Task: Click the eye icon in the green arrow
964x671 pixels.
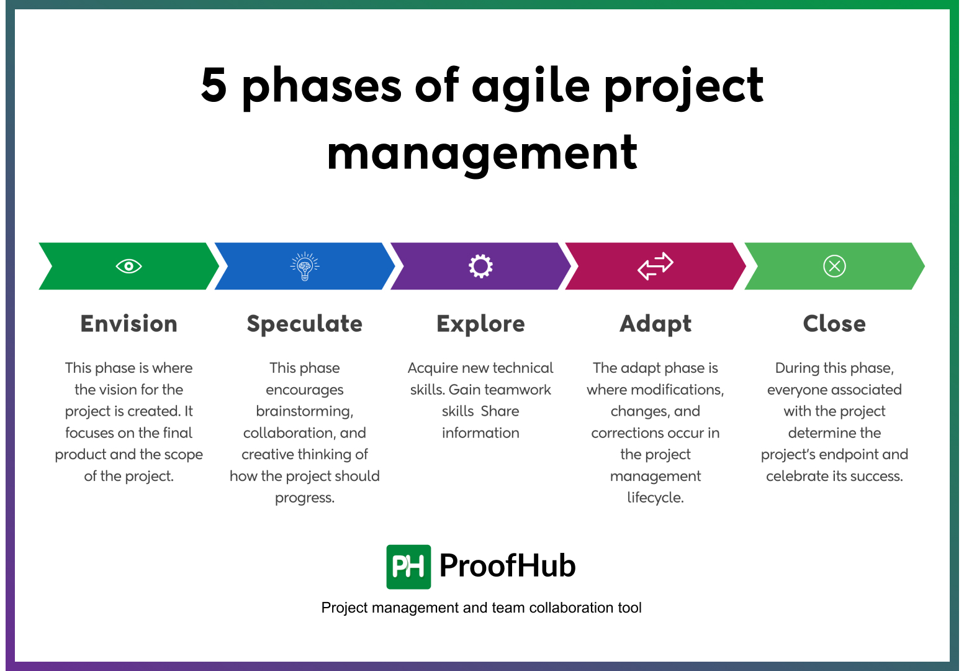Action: tap(128, 267)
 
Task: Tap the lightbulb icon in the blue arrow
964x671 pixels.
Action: tap(305, 267)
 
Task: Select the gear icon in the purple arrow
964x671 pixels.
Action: tap(480, 267)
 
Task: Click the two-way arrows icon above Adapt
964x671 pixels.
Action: tap(655, 266)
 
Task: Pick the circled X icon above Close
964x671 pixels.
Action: tap(834, 267)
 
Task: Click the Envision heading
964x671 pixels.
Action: tap(128, 324)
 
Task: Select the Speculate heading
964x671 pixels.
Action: tap(305, 324)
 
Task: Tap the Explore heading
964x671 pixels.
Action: tap(480, 324)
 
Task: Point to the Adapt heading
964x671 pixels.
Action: tap(655, 324)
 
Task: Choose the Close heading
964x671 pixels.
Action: tap(834, 324)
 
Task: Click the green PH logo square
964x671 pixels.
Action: tap(408, 567)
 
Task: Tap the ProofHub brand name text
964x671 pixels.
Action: tap(507, 566)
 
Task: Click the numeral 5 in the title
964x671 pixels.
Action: tap(214, 85)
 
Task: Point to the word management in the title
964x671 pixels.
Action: tap(482, 153)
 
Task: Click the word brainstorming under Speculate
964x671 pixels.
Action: tap(305, 411)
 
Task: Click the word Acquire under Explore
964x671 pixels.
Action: tap(432, 368)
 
